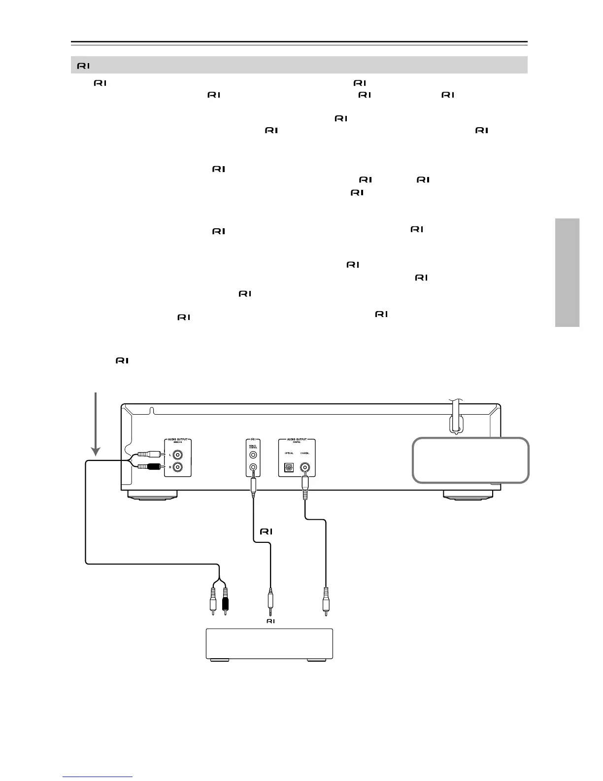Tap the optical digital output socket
(289, 466)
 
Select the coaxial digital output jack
(306, 466)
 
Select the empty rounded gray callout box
(470, 460)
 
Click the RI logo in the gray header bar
(83, 65)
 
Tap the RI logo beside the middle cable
(266, 532)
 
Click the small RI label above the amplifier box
(270, 621)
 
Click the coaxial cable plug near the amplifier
(325, 599)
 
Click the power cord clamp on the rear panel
(456, 423)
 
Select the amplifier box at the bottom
(269, 643)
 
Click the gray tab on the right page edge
(567, 272)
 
